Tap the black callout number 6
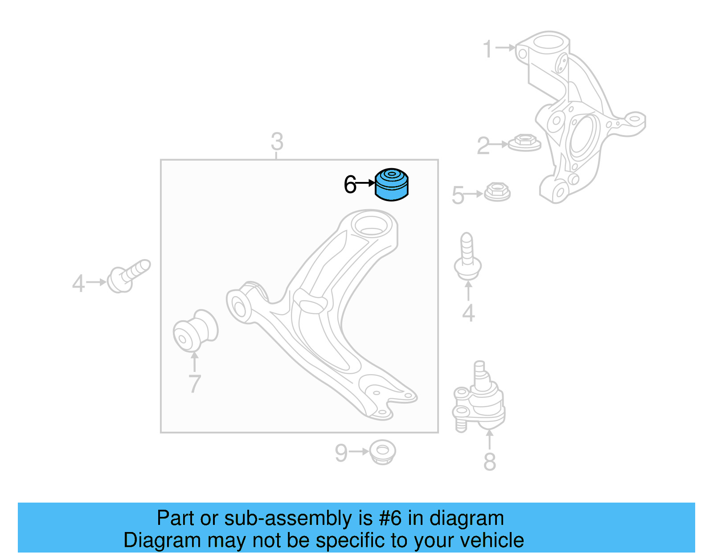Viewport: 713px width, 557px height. point(350,185)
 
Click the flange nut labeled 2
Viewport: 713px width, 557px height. point(525,143)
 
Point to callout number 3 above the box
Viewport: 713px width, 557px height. point(277,142)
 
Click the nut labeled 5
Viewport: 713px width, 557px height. point(497,192)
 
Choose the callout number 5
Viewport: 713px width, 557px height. point(458,195)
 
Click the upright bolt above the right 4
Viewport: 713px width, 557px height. point(467,256)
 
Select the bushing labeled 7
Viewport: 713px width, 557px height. point(195,331)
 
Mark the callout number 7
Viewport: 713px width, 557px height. point(194,384)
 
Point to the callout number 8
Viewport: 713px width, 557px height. point(489,462)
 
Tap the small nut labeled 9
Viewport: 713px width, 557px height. point(382,452)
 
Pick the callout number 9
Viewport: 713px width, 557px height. point(341,453)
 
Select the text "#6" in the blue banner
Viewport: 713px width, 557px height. point(390,518)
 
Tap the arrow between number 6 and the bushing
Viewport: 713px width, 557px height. point(366,183)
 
